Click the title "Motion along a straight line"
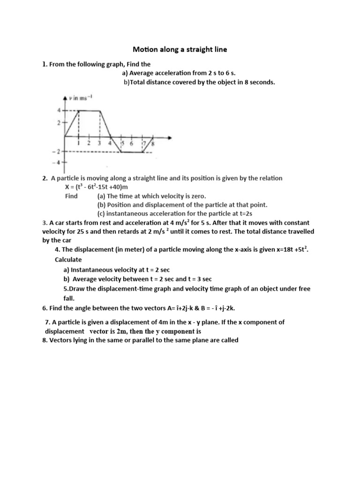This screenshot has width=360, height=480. [x=180, y=49]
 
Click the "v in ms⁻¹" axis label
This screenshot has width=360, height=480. [x=81, y=98]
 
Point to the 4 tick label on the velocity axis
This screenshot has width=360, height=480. [x=59, y=111]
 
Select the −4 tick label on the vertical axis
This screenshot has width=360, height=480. [x=59, y=162]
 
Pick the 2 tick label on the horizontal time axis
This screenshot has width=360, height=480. [x=89, y=143]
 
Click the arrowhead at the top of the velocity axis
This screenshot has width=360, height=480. [x=65, y=97]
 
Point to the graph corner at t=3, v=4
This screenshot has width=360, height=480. [x=100, y=111]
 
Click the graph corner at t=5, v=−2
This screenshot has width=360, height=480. [x=121, y=152]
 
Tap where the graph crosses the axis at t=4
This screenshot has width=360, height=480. [x=111, y=136]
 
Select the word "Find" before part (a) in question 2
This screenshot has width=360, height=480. [x=71, y=196]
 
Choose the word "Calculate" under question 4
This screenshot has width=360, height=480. [x=68, y=259]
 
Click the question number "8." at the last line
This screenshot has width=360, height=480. [x=45, y=340]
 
